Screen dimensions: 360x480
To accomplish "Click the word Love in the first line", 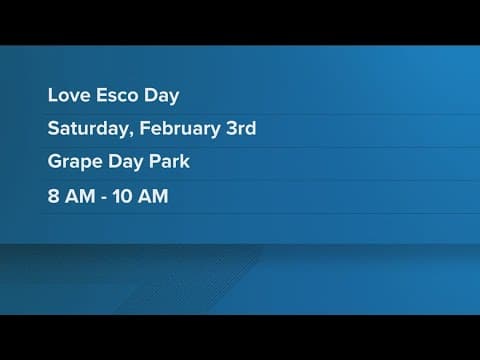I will [x=66, y=95].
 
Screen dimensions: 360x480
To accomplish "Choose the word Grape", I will [x=73, y=163].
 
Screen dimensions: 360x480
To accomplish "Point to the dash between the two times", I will [x=105, y=197].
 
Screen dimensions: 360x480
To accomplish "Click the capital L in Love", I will [x=52, y=95].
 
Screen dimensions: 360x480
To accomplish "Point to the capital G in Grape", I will [x=54, y=162].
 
